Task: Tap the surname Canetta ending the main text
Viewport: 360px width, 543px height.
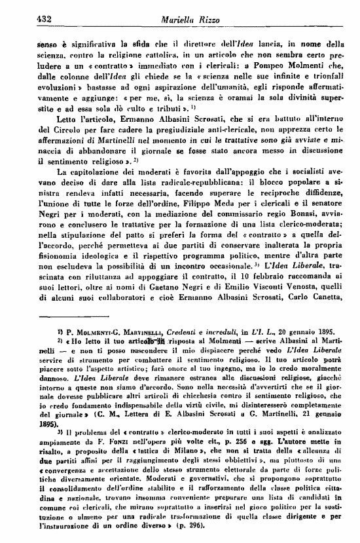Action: pyautogui.click(x=322, y=333)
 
